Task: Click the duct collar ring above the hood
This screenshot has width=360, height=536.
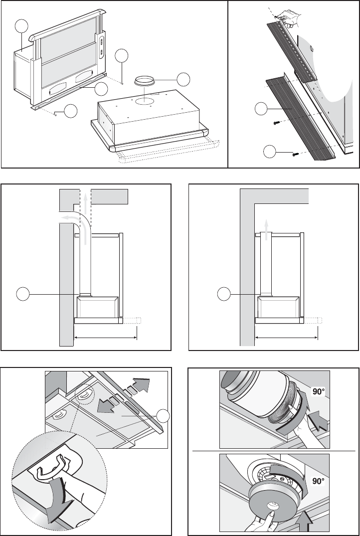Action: click(144, 81)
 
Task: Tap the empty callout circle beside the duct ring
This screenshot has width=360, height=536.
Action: click(183, 79)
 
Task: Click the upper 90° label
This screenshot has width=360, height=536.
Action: click(318, 391)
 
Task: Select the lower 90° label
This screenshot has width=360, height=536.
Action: click(318, 481)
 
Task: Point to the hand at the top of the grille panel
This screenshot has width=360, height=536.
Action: click(289, 17)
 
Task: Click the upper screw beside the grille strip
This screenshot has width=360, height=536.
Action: click(277, 122)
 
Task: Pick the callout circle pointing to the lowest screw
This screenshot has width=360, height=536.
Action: click(270, 152)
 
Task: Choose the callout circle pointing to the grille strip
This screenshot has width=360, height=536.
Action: click(261, 109)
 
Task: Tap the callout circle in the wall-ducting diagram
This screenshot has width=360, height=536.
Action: click(23, 294)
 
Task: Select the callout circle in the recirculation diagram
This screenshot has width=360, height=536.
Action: click(224, 294)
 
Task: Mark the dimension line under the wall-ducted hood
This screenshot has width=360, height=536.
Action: click(106, 338)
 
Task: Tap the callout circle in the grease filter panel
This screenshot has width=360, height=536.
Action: click(163, 416)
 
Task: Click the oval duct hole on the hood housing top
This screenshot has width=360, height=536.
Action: click(144, 101)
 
